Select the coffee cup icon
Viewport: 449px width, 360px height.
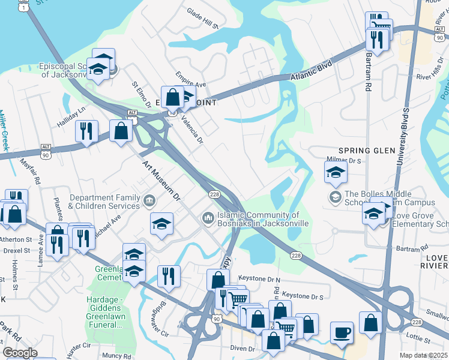[x=342, y=332]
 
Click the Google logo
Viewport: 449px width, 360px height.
[x=19, y=353]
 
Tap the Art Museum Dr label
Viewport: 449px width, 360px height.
[x=161, y=180]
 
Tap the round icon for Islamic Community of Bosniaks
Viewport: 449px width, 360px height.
[x=208, y=217]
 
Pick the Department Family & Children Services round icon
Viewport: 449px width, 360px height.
[x=149, y=199]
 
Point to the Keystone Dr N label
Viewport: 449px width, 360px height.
[x=259, y=279]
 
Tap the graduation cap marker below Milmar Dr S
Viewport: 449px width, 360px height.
[x=336, y=173]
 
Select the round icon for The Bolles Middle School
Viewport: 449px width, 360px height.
[x=334, y=197]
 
